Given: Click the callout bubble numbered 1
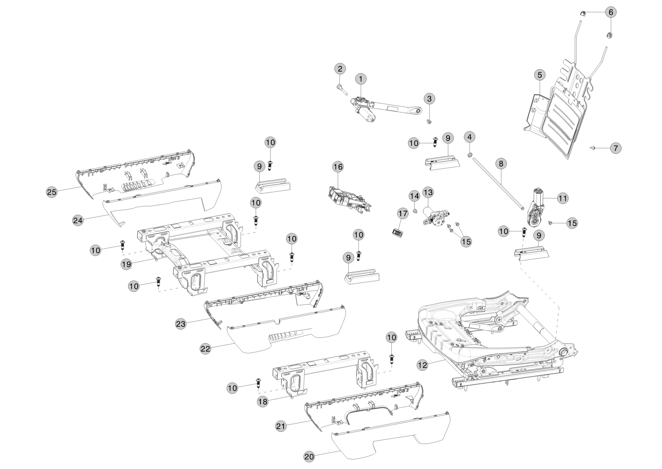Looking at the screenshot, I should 361,78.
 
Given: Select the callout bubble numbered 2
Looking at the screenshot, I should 340,68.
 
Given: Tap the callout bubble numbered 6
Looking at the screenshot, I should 610,12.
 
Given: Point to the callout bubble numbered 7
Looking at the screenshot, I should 615,148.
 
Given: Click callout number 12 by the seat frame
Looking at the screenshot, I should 422,363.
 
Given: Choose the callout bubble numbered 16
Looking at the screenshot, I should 338,166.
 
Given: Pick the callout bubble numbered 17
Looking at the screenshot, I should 403,213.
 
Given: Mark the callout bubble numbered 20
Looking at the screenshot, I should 309,456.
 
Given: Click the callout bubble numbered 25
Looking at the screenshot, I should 52,191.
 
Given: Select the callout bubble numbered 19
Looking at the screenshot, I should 126,264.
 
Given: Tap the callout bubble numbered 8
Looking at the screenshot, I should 501,164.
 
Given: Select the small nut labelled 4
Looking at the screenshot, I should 471,155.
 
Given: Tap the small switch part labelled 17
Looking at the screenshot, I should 397,231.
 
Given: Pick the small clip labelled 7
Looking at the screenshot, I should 593,148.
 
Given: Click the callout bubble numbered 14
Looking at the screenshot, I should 414,195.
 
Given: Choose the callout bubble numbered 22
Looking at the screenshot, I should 205,348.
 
